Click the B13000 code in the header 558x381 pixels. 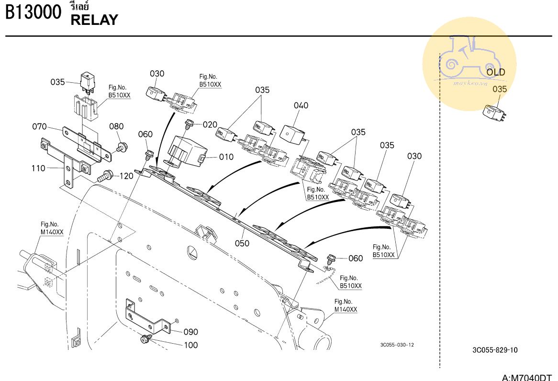tap(33, 12)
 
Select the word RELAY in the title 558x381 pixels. tap(94, 20)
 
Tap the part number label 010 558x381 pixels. tap(226, 157)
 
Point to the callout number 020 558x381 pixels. tap(210, 125)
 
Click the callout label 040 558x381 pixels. tap(301, 105)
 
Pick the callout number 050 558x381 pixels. tap(242, 243)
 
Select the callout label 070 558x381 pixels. tap(39, 127)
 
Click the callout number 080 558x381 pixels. tap(116, 127)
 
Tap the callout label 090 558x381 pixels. tap(191, 332)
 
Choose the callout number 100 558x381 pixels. tap(191, 345)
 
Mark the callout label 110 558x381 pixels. tap(39, 168)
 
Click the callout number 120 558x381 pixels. tap(126, 176)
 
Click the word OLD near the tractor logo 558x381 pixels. tap(496, 72)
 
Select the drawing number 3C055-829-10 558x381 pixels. tap(494, 350)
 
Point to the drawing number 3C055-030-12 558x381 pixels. tap(397, 345)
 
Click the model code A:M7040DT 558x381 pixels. tap(527, 377)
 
